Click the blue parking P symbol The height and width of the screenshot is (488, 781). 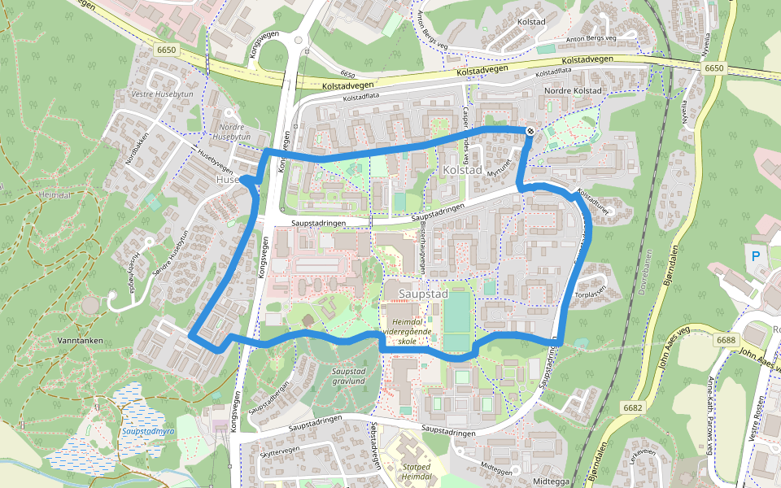click(x=756, y=256)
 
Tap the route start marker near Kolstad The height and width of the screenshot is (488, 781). click(x=530, y=131)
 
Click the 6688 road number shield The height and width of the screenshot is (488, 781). click(x=726, y=340)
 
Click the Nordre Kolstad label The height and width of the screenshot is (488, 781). click(x=573, y=90)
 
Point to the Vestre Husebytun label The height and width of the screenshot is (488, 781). click(x=161, y=94)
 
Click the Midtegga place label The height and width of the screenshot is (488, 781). click(x=552, y=481)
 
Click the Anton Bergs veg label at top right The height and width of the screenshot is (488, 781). click(x=600, y=38)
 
